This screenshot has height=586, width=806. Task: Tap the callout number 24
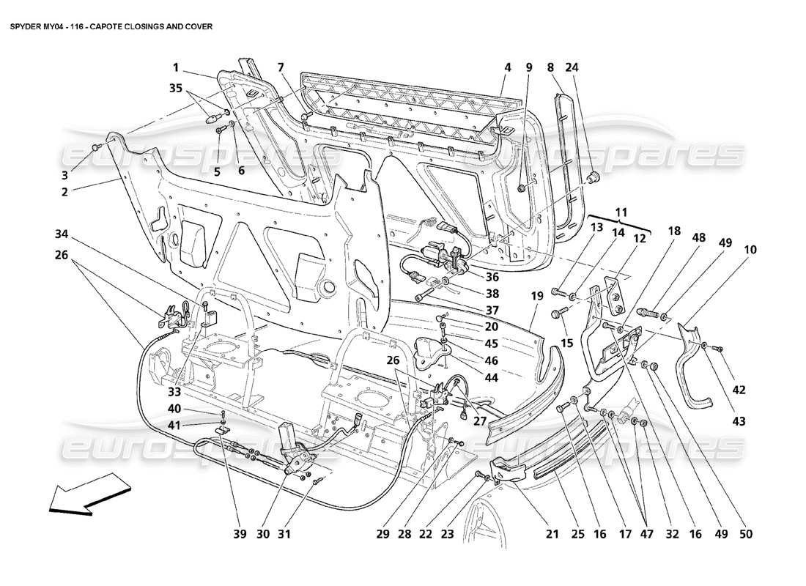click(x=572, y=67)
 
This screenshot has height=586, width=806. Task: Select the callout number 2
click(x=64, y=192)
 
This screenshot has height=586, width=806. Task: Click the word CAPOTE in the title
click(x=122, y=26)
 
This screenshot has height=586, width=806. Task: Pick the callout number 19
click(x=536, y=297)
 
